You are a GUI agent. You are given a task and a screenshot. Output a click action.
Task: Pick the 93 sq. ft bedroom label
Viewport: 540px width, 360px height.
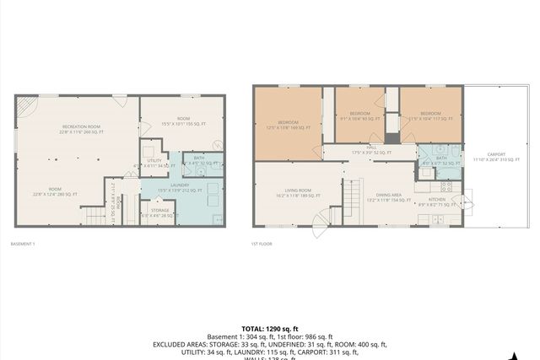[360, 115]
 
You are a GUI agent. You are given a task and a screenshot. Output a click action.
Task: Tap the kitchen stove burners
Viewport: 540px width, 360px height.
[447, 186]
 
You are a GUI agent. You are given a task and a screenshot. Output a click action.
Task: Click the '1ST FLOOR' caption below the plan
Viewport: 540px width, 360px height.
[260, 244]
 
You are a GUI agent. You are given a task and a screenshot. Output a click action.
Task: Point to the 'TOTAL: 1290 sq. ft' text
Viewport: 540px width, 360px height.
[269, 329]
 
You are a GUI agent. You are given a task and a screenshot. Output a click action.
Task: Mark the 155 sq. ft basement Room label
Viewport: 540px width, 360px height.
[183, 122]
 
